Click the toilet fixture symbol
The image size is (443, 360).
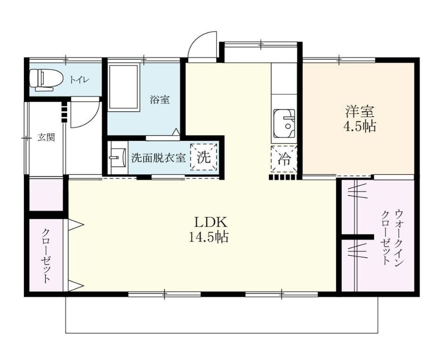(46, 80)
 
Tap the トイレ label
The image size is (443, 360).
(80, 80)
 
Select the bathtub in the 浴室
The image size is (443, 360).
(124, 87)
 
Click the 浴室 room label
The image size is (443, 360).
(160, 100)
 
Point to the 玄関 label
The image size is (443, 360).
(46, 138)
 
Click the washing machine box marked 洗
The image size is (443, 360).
(204, 157)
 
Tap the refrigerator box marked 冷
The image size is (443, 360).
(284, 159)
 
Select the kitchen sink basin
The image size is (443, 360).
(284, 123)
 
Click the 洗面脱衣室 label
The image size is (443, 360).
(158, 158)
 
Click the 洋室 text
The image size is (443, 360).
(359, 111)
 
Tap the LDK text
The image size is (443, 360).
(210, 222)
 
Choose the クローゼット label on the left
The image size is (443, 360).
(46, 255)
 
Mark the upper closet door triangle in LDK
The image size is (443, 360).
(76, 225)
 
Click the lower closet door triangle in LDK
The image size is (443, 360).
(76, 286)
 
